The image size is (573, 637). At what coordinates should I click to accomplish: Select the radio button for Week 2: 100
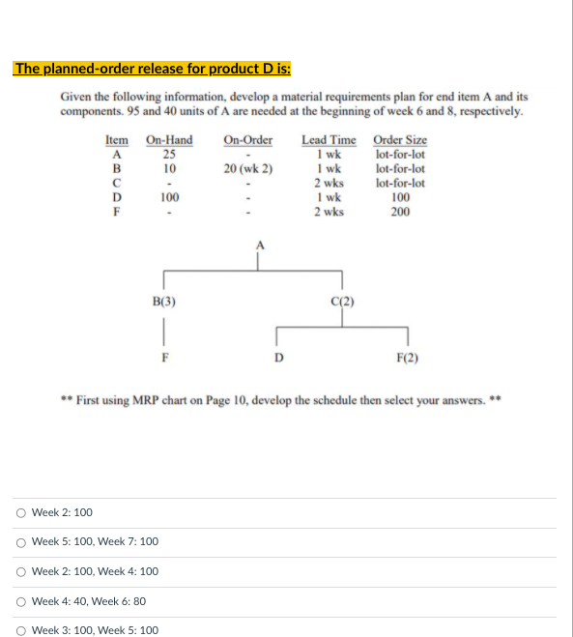(20, 512)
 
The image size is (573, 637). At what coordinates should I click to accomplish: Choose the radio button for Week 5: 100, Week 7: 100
(20, 542)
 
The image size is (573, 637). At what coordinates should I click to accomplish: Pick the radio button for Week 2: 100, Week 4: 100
(20, 571)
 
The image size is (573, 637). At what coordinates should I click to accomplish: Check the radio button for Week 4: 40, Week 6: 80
(20, 601)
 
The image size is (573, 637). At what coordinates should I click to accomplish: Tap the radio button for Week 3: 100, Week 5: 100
(20, 630)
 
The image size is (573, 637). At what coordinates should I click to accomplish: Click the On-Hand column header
(169, 140)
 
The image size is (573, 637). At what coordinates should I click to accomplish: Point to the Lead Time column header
(329, 140)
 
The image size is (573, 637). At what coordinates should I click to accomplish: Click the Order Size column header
(400, 140)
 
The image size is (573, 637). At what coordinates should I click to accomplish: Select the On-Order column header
(248, 140)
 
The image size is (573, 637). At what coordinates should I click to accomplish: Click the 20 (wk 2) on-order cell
(248, 168)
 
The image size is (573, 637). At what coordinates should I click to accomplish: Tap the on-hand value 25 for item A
(169, 154)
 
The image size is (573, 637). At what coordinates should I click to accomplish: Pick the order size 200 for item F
(400, 211)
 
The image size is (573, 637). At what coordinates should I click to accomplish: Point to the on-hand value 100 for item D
(169, 197)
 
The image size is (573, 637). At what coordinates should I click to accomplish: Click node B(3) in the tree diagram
(164, 301)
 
